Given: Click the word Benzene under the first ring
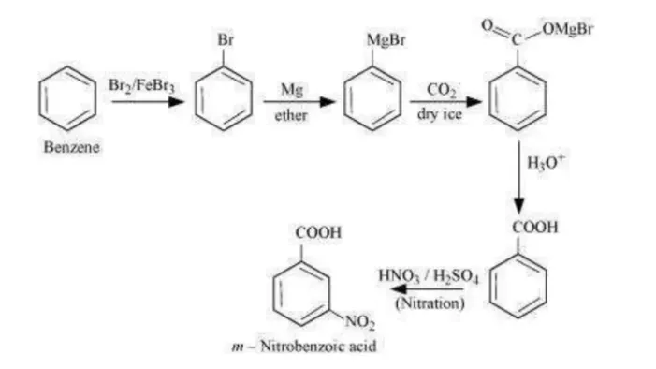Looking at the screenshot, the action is click(x=71, y=147).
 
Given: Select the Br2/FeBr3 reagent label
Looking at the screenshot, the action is click(x=141, y=85).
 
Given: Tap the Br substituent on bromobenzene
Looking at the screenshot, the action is click(x=226, y=39).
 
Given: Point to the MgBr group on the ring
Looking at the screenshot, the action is click(x=386, y=40).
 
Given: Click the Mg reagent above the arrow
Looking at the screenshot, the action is click(x=292, y=90).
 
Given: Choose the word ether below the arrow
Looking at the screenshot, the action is click(x=291, y=115).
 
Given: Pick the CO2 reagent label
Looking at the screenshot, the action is click(x=442, y=90).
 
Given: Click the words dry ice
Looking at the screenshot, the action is click(x=440, y=114).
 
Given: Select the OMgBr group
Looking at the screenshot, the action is click(x=568, y=28).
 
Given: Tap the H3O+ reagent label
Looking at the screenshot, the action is click(x=546, y=162).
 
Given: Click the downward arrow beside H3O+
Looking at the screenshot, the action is click(x=518, y=177).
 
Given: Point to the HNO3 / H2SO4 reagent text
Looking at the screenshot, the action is click(x=428, y=276).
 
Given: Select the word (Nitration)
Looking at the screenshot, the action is click(x=430, y=303).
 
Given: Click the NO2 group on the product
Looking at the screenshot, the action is click(x=359, y=322).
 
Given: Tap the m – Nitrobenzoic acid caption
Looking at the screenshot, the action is click(x=304, y=346).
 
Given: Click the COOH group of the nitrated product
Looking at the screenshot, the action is click(x=318, y=233).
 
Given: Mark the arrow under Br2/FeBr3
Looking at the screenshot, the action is click(x=148, y=101).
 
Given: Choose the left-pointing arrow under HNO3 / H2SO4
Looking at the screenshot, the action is click(x=427, y=289).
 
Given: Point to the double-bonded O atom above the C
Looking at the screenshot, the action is click(x=487, y=24).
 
